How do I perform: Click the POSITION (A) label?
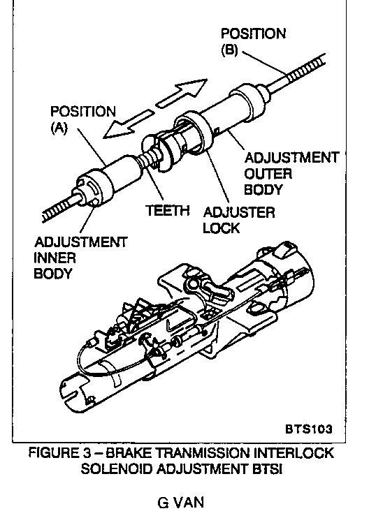click(x=82, y=120)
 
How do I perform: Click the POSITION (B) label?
click(x=253, y=41)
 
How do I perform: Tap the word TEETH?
click(x=168, y=211)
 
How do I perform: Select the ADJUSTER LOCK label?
click(x=238, y=220)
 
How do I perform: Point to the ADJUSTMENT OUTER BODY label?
click(x=291, y=173)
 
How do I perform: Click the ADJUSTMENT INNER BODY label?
click(x=80, y=258)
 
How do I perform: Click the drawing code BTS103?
click(x=309, y=429)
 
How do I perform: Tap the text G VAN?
click(x=180, y=503)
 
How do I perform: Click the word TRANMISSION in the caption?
click(x=204, y=452)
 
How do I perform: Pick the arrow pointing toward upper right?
click(x=182, y=93)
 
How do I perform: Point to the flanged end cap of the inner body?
click(x=92, y=189)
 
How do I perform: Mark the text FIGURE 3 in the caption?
click(x=59, y=452)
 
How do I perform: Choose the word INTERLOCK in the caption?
click(x=294, y=452)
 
